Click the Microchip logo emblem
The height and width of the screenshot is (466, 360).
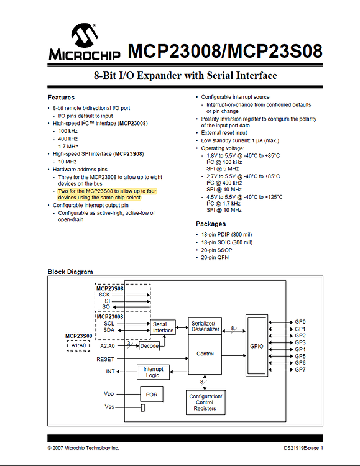tap(85, 35)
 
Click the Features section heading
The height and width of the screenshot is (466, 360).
tap(61, 98)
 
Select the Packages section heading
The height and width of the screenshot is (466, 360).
tap(211, 224)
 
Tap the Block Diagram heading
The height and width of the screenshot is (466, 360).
tap(70, 272)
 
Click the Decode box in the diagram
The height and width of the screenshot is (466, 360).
tap(149, 346)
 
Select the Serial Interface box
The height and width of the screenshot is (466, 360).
tap(163, 327)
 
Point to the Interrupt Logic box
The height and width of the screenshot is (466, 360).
tap(153, 372)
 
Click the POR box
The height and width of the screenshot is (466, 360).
tap(152, 395)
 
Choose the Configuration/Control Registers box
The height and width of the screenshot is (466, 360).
tap(205, 403)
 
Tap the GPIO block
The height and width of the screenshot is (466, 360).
tap(257, 346)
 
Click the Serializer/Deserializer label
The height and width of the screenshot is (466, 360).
tap(205, 326)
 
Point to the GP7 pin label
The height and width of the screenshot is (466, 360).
tap(300, 370)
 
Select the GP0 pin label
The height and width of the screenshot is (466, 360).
tap(300, 322)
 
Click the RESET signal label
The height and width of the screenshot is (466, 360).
tap(105, 359)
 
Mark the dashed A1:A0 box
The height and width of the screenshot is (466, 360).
tap(78, 345)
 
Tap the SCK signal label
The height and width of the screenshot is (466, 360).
tap(104, 295)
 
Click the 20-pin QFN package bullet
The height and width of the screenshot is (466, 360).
tap(215, 257)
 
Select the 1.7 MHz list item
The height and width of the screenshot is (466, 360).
tap(68, 147)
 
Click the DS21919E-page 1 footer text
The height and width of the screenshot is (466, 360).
tap(303, 448)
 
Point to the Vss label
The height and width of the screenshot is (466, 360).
tap(109, 406)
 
